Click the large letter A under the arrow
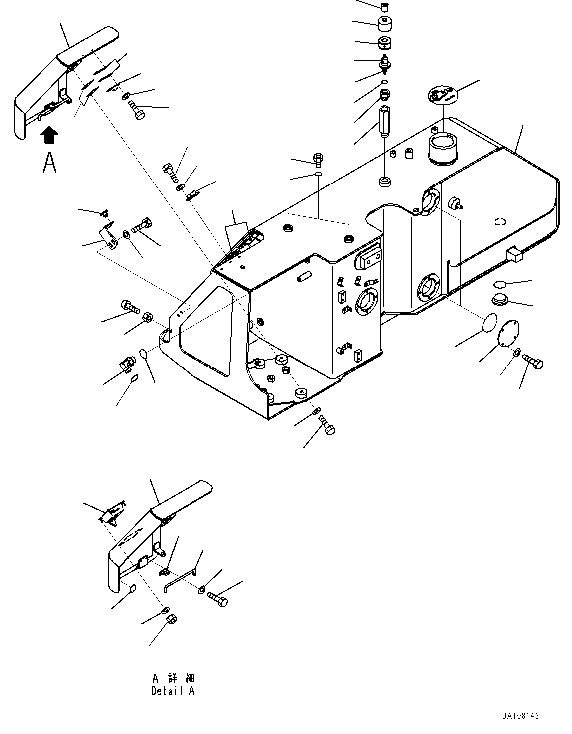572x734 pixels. pyautogui.click(x=49, y=162)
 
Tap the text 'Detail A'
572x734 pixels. pyautogui.click(x=173, y=691)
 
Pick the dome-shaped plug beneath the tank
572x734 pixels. pyautogui.click(x=499, y=300)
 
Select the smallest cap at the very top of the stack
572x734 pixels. pyautogui.click(x=384, y=7)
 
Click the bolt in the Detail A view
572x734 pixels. pyautogui.click(x=217, y=598)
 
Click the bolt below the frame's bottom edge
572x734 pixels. pyautogui.click(x=327, y=425)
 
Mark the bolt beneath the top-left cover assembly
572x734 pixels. pyautogui.click(x=137, y=109)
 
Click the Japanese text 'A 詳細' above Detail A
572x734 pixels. pyautogui.click(x=173, y=678)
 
